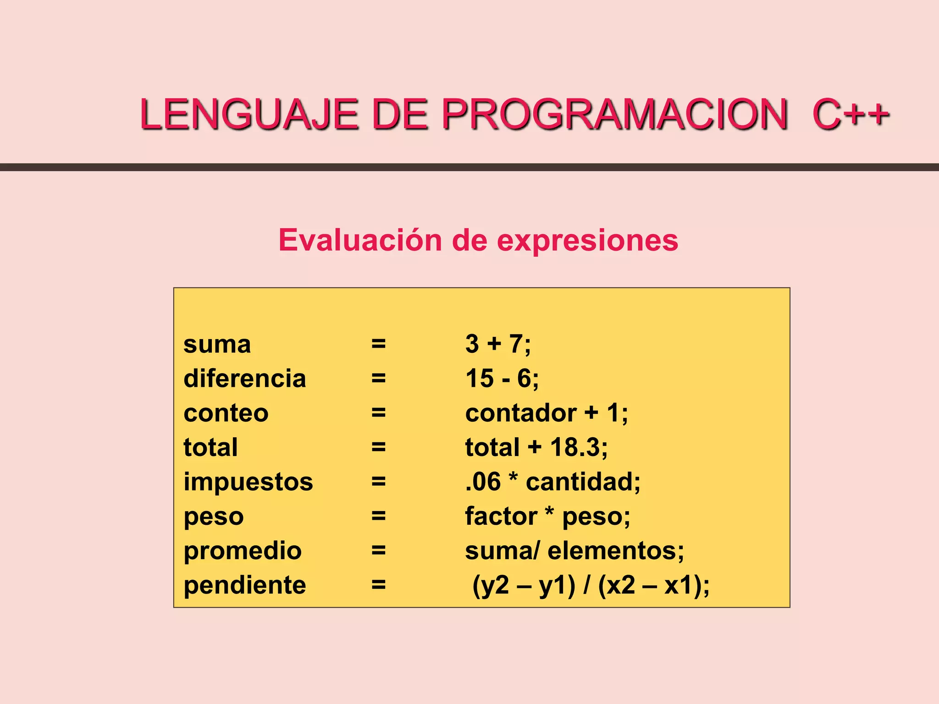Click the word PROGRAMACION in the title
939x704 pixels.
point(614,114)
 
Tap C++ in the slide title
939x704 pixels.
point(851,114)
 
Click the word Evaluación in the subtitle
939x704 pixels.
point(360,240)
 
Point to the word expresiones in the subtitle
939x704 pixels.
point(587,241)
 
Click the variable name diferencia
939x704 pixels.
point(244,379)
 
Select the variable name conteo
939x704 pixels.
point(226,413)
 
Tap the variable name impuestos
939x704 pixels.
point(248,482)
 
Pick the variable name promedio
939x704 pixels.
point(243,551)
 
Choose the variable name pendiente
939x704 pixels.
point(244,585)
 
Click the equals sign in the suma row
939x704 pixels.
point(378,344)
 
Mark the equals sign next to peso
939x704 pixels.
point(378,516)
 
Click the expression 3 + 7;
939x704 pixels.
point(498,344)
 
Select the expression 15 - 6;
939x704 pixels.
point(502,379)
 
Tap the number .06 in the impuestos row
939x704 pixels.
point(483,482)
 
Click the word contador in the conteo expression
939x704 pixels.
point(521,413)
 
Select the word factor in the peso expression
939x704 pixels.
point(501,516)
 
